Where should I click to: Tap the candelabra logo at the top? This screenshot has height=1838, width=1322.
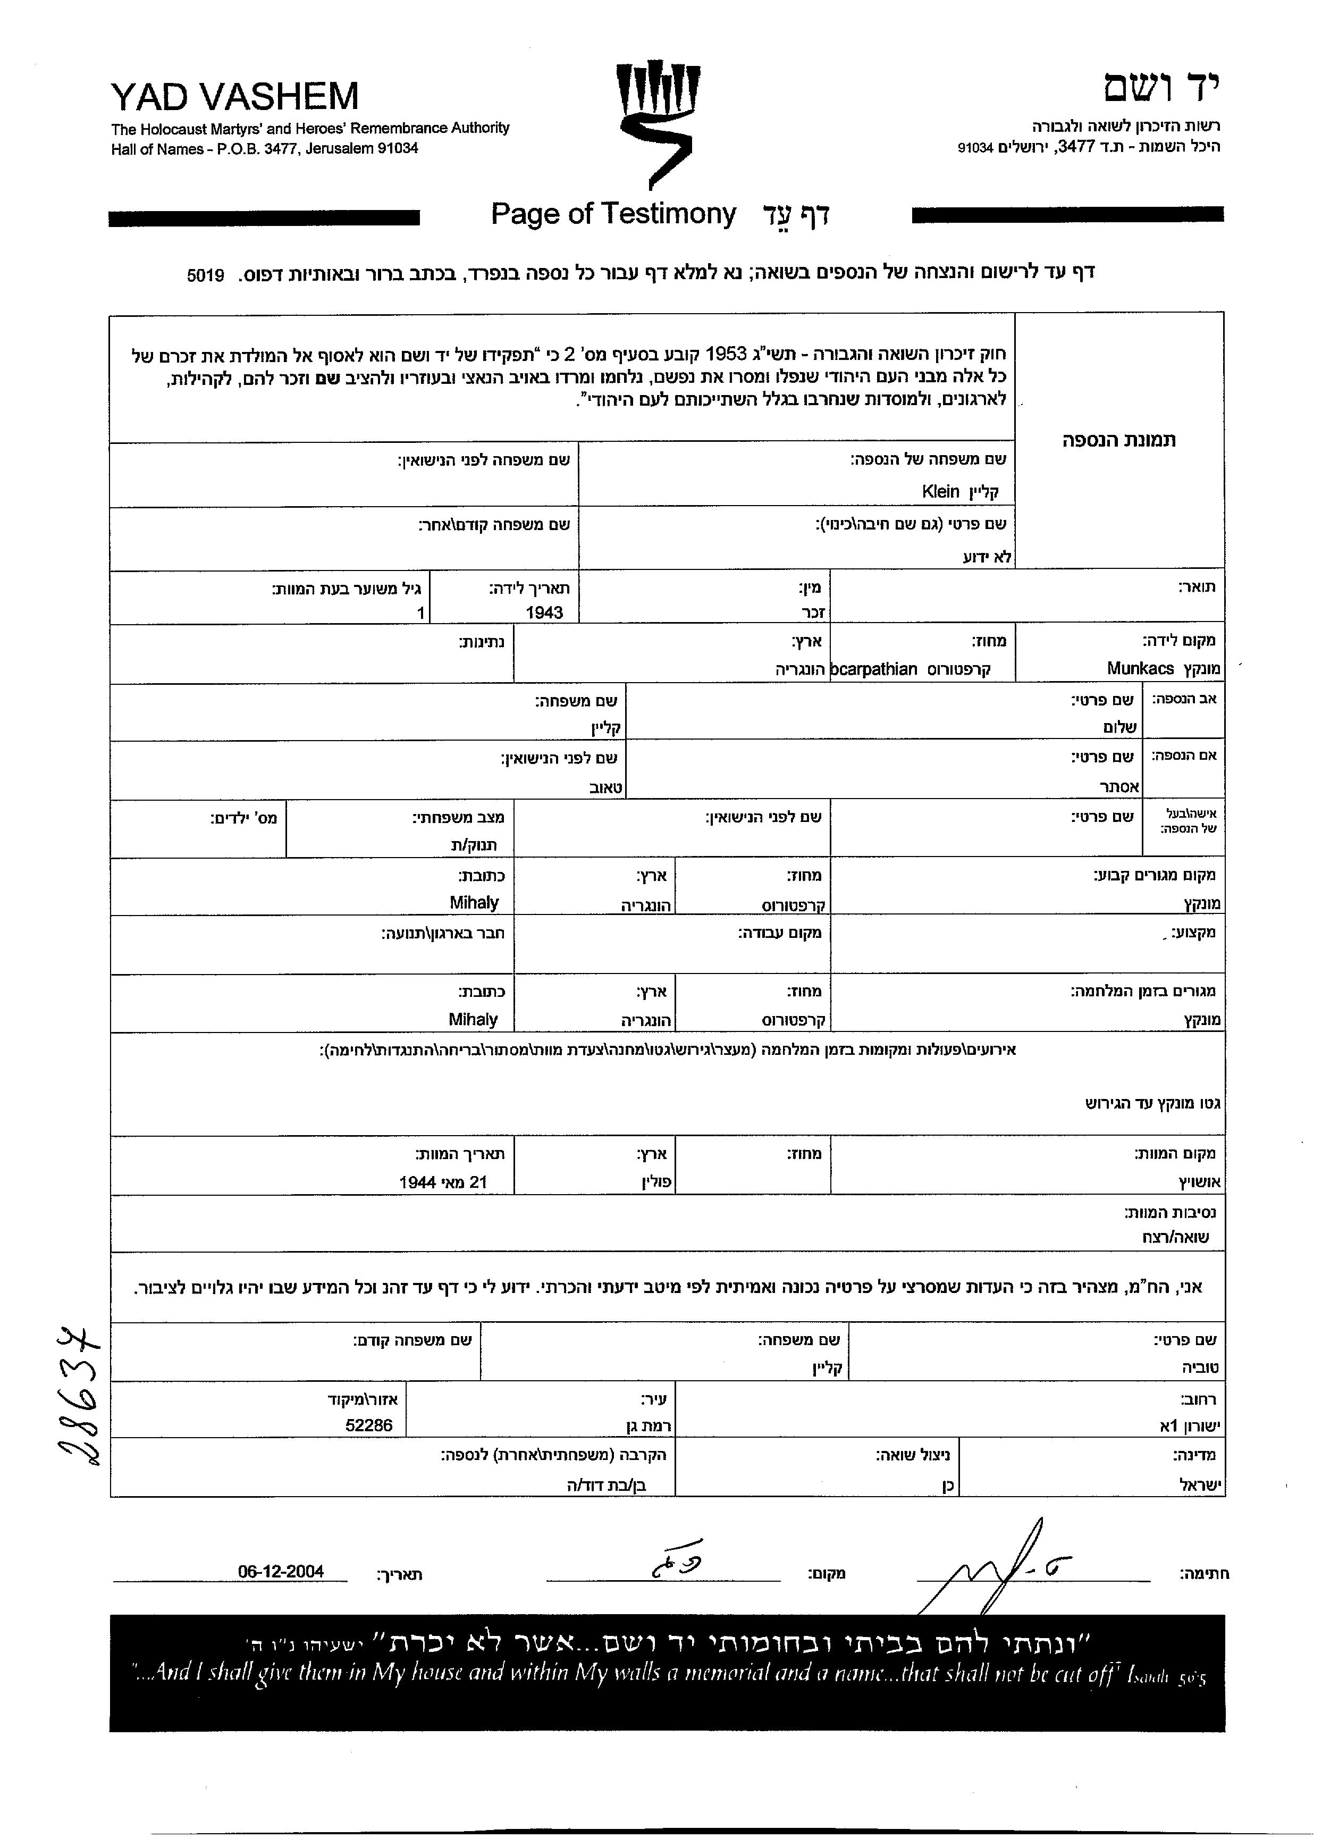click(658, 122)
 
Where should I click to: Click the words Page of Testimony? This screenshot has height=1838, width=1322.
click(613, 214)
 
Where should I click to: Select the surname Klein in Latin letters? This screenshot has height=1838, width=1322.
click(940, 491)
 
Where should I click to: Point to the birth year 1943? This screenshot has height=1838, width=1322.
click(544, 612)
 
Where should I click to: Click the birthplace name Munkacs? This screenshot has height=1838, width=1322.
click(1140, 669)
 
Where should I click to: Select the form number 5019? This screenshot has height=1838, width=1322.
click(205, 275)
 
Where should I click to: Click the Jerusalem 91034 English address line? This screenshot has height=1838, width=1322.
click(265, 149)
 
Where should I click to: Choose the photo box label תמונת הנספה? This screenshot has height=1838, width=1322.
click(1119, 441)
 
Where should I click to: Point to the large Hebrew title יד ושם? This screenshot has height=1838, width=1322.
click(1161, 88)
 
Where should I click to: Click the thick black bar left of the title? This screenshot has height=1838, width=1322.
click(264, 217)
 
